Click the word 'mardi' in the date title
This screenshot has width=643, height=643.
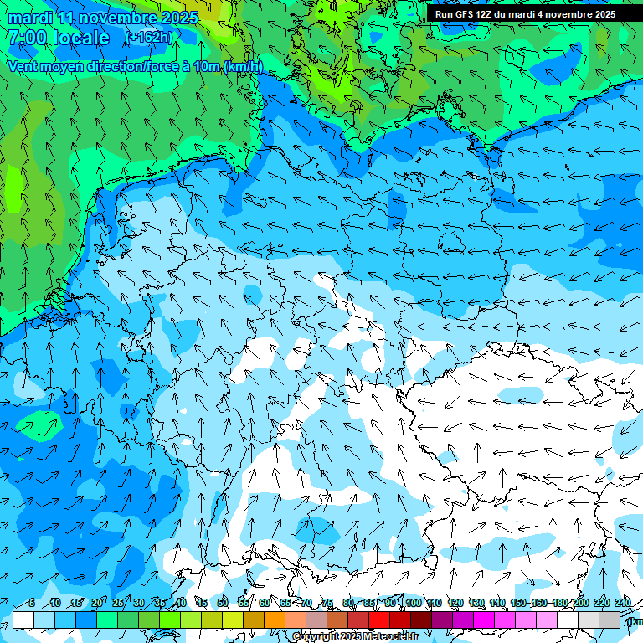point(31,18)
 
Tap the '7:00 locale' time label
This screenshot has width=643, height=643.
point(59,38)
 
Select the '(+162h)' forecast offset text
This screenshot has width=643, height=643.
point(149,37)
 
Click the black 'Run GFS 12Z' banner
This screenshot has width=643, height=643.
point(525,14)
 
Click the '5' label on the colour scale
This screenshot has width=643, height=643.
point(31,603)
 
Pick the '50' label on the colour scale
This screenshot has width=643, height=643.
point(223,603)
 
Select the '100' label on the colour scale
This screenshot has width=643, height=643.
point(413,603)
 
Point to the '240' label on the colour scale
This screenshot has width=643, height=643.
point(623,603)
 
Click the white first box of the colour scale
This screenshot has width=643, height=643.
point(23,620)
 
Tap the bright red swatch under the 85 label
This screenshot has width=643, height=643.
point(379,620)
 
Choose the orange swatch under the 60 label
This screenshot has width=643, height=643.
point(275,620)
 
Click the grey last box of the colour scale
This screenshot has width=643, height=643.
point(610,620)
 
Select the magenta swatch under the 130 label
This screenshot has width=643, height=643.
point(484,620)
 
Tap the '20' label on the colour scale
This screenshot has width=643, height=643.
point(97,603)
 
